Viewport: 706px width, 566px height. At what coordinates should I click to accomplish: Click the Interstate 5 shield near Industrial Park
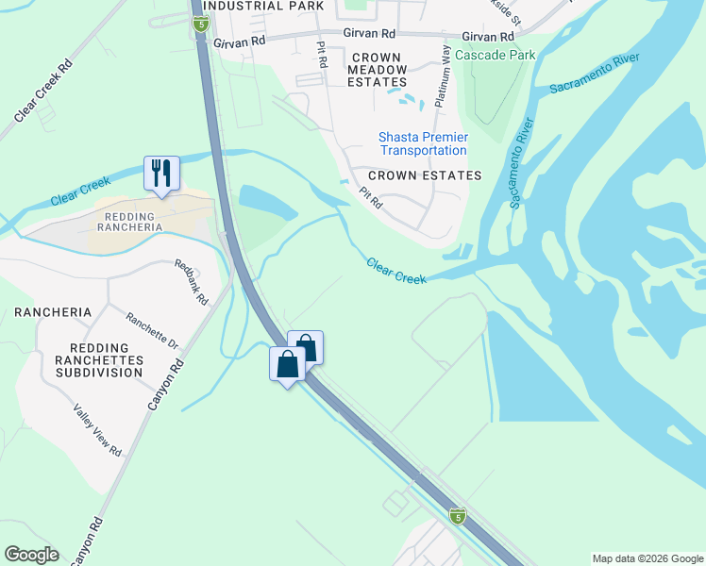200,24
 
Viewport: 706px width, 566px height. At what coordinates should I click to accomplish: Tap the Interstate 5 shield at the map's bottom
457,515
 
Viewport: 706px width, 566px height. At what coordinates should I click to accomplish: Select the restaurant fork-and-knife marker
161,174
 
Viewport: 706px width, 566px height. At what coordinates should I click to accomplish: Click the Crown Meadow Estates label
377,70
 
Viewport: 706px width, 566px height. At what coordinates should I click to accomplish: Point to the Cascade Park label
496,55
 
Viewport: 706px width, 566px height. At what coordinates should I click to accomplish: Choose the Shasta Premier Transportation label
423,143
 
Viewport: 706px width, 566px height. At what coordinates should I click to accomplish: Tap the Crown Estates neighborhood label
425,175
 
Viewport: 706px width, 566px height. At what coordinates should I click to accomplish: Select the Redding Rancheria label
130,221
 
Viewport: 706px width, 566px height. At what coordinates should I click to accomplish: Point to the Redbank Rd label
192,281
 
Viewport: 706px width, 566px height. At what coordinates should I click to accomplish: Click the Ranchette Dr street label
152,331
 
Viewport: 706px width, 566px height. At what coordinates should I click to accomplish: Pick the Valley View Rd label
98,431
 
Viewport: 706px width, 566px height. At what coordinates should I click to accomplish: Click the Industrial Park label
263,6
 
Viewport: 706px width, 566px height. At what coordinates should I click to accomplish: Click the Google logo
31,555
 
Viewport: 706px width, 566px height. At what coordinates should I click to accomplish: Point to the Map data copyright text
647,558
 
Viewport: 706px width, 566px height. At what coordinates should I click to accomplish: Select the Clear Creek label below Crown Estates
395,271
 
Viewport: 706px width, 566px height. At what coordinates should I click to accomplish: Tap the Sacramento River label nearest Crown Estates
519,164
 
